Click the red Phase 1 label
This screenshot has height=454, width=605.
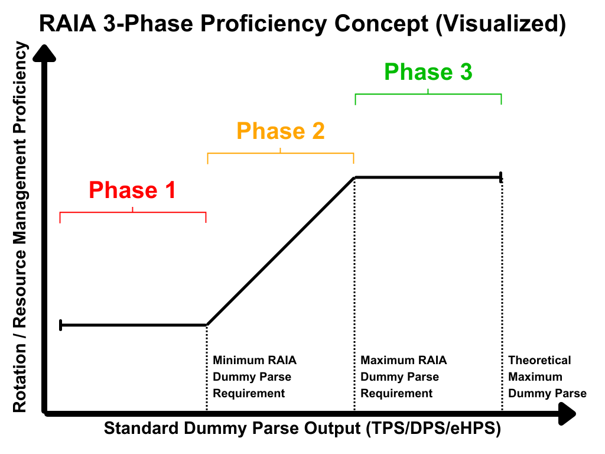(x=132, y=190)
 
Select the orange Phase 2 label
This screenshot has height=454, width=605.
(x=281, y=131)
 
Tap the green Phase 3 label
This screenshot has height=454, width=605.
(x=428, y=72)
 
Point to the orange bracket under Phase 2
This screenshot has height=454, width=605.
(x=281, y=154)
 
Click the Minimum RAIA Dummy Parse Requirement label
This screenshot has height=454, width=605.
(x=255, y=377)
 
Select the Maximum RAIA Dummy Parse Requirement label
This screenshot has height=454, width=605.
(x=404, y=377)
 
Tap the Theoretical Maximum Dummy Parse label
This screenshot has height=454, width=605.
(x=547, y=377)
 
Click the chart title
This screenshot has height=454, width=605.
(x=302, y=24)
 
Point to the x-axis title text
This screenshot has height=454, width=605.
(x=302, y=429)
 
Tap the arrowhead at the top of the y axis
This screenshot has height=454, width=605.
(x=45, y=53)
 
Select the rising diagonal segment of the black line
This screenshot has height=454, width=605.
(x=281, y=251)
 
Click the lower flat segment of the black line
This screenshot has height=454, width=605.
(x=133, y=325)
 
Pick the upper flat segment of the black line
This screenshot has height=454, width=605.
(x=428, y=177)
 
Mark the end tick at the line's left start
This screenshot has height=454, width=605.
(x=60, y=325)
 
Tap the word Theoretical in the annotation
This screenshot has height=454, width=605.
(x=539, y=360)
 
